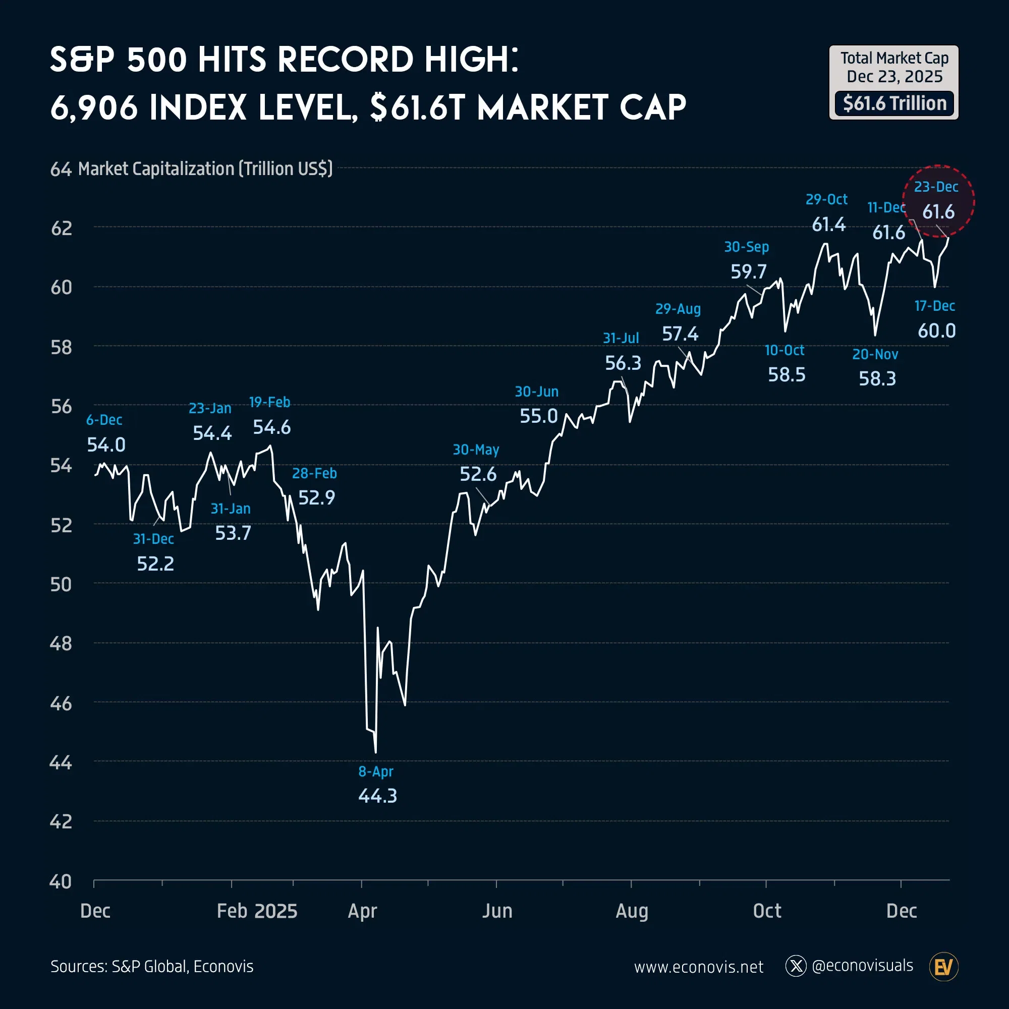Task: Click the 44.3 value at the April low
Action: coord(377,796)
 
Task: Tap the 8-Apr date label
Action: coord(375,771)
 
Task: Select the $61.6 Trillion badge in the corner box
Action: coord(894,103)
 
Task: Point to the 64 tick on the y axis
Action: coord(61,170)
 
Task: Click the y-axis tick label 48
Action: coord(61,644)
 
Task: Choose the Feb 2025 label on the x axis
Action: coord(257,911)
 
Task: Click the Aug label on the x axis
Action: coord(632,911)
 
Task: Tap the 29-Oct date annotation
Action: coord(826,199)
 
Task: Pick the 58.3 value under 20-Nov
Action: coord(877,379)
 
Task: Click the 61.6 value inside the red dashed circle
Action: coord(938,212)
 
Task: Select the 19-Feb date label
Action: coord(269,402)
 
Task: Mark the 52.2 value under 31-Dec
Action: coord(155,564)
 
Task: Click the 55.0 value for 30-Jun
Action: coord(538,416)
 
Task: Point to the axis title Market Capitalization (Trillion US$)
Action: coord(205,169)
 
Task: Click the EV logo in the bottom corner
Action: coord(944,967)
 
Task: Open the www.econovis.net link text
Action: coord(698,967)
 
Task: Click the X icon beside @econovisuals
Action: coord(796,966)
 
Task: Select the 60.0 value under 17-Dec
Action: coord(937,331)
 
